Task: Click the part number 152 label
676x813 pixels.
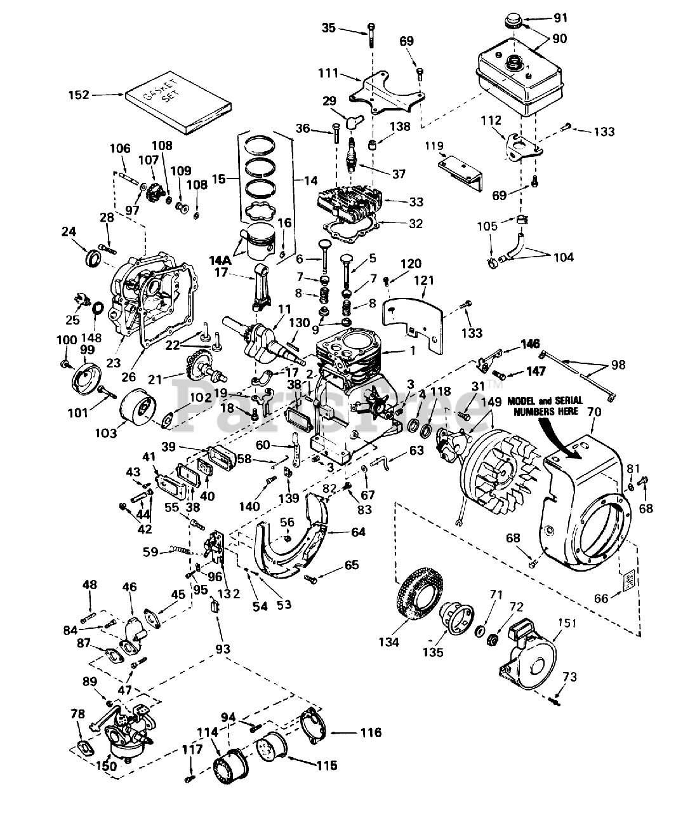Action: pos(81,96)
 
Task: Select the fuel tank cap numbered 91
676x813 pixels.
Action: pos(514,24)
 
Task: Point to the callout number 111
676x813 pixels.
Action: pos(328,74)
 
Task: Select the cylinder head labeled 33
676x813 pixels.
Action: pos(349,202)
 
